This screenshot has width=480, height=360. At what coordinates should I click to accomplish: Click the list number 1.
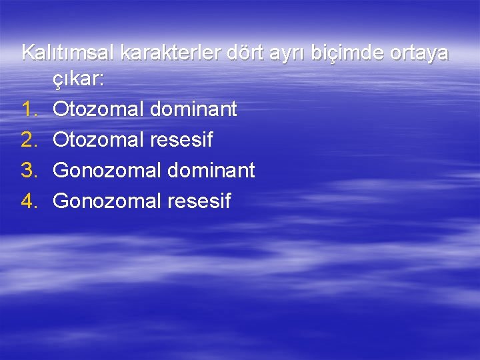tap(27, 109)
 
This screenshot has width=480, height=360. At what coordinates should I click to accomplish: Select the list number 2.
tap(27, 140)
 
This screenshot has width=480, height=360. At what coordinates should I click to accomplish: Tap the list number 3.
tap(27, 170)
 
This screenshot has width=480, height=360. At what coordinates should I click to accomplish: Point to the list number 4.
tap(27, 201)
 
